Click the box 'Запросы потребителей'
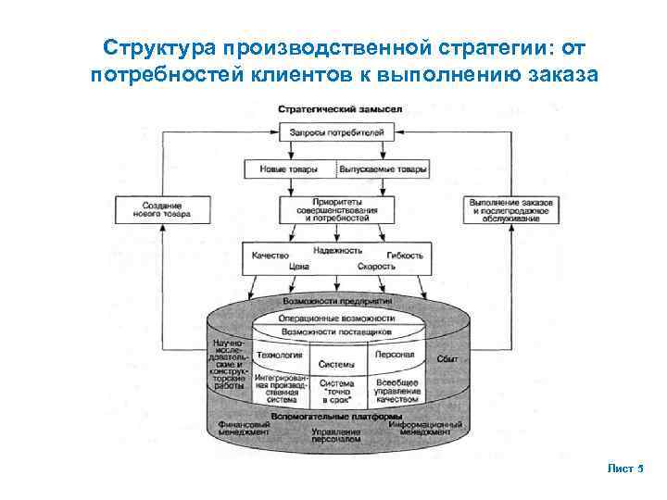click(x=337, y=134)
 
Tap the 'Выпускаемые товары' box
click(x=383, y=170)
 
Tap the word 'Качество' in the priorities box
click(x=271, y=255)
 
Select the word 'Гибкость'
click(x=405, y=255)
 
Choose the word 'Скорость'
click(x=376, y=266)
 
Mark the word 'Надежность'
click(x=336, y=250)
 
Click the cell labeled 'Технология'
click(x=279, y=355)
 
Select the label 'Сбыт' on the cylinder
click(x=448, y=358)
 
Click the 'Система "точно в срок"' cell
click(x=336, y=392)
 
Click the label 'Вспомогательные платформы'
click(x=337, y=417)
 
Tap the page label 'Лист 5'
click(x=625, y=469)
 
